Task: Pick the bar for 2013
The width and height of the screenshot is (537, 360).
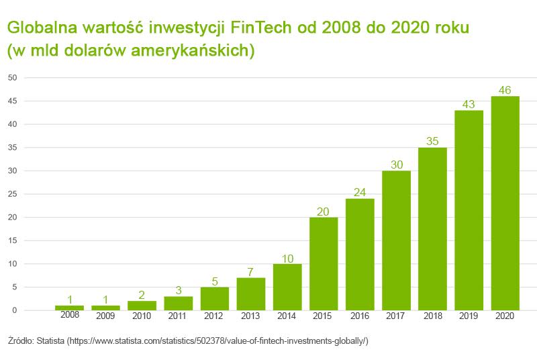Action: tap(250, 294)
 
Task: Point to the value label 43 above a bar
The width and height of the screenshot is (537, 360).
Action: tap(469, 105)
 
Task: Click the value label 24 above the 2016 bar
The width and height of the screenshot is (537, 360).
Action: tap(360, 193)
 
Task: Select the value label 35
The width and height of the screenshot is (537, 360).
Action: tap(432, 142)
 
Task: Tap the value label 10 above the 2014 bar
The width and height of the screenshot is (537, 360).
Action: tap(287, 258)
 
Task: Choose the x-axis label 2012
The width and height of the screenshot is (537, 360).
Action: tap(214, 316)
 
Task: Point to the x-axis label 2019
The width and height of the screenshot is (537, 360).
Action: tap(469, 316)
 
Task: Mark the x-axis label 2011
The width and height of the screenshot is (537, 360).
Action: tap(178, 316)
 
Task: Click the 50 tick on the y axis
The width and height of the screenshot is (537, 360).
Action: tap(12, 77)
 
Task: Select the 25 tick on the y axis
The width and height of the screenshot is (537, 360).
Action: tap(12, 194)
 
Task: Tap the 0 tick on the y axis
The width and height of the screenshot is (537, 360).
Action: tap(14, 310)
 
